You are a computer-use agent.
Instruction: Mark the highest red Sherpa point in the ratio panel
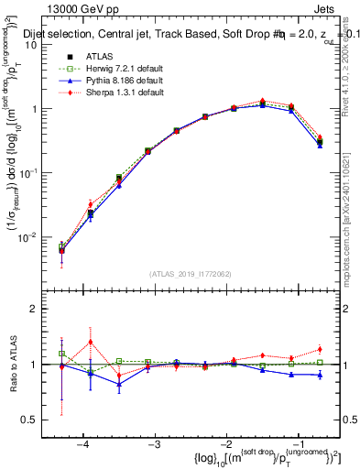click(91, 343)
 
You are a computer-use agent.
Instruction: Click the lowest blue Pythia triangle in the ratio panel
click(119, 385)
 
